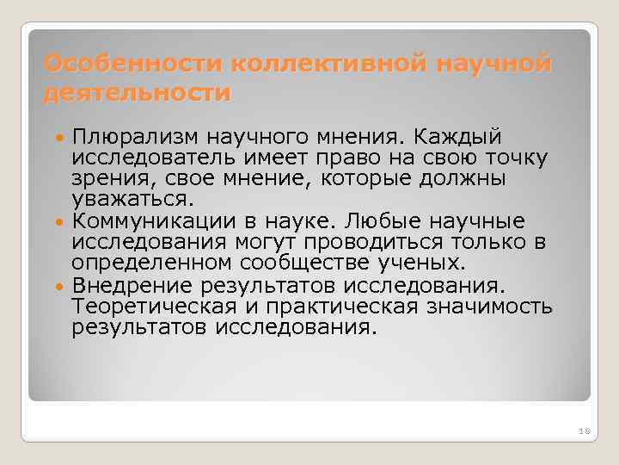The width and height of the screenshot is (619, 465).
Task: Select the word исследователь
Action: (155, 158)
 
